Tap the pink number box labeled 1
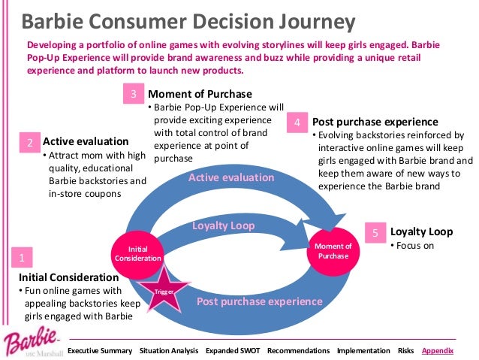pyautogui.click(x=23, y=258)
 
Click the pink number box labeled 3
pyautogui.click(x=133, y=95)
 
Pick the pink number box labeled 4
pyautogui.click(x=298, y=122)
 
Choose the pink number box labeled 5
pyautogui.click(x=375, y=233)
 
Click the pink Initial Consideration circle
pyautogui.click(x=137, y=253)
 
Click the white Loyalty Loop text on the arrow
pyautogui.click(x=224, y=225)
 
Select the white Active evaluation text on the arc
pyautogui.click(x=230, y=177)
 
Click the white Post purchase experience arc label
pyautogui.click(x=259, y=301)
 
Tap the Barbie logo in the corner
pyautogui.click(x=31, y=341)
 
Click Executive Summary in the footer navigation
pyautogui.click(x=100, y=351)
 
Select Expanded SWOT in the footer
pyautogui.click(x=232, y=351)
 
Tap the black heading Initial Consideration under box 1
pyautogui.click(x=59, y=277)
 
